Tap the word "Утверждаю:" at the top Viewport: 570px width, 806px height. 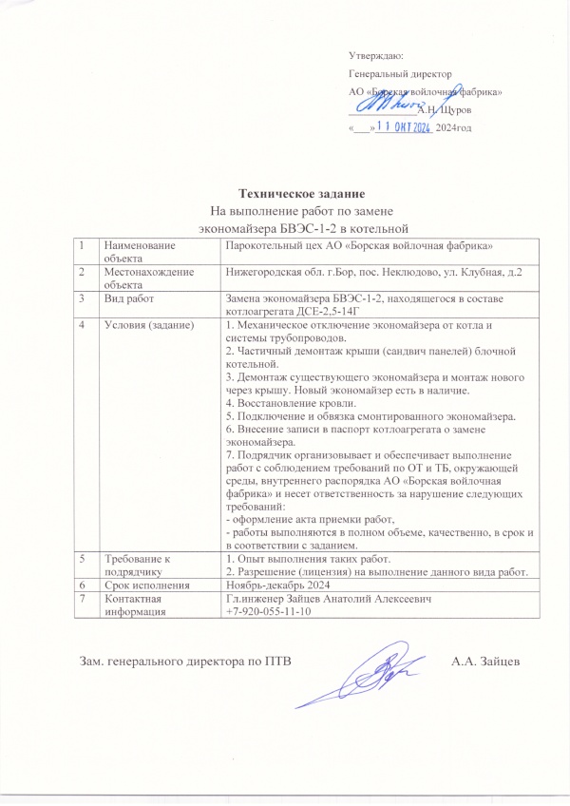coord(376,57)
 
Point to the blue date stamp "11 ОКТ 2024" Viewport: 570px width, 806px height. coord(405,125)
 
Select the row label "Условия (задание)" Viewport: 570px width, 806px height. coord(148,327)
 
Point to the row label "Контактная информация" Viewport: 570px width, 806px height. coord(138,605)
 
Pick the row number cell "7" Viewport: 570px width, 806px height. coord(83,600)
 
